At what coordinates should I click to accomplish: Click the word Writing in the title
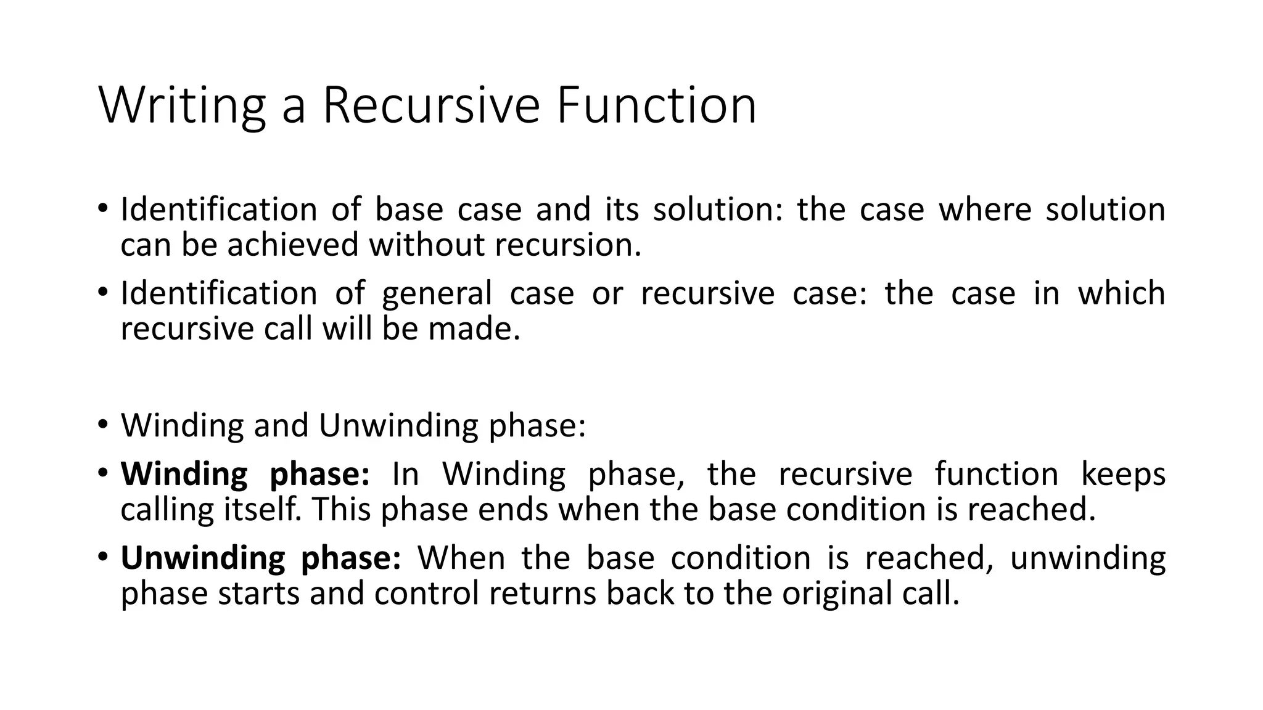(x=182, y=106)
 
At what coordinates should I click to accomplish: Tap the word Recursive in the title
(x=431, y=106)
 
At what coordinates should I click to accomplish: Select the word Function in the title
(x=656, y=106)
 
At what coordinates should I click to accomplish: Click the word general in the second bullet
(x=437, y=293)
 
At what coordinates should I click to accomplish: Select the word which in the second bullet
(x=1121, y=293)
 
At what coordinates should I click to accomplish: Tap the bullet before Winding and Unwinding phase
(x=102, y=425)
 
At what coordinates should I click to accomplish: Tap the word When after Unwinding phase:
(x=461, y=558)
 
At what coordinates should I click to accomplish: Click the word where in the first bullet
(x=985, y=210)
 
